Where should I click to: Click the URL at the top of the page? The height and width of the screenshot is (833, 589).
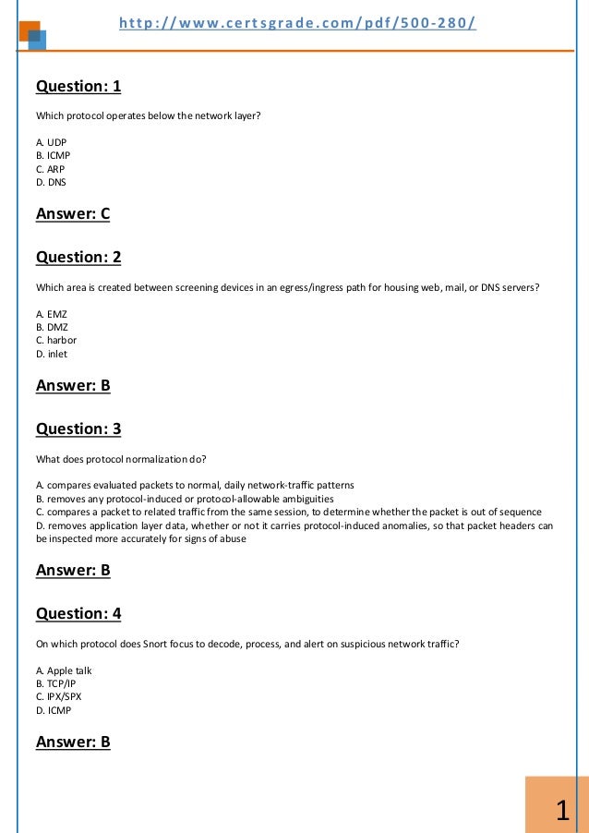click(297, 21)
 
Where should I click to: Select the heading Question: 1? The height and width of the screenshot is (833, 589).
click(78, 87)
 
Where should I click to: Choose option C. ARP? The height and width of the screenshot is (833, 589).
click(50, 169)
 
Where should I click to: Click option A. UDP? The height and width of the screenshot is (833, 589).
click(51, 142)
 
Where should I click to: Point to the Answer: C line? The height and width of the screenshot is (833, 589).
click(73, 214)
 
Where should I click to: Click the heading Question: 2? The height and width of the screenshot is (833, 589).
click(78, 258)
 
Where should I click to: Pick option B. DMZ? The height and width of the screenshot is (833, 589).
click(52, 327)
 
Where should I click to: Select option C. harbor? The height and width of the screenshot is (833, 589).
click(55, 340)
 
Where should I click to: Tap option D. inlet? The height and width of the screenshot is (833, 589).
click(52, 354)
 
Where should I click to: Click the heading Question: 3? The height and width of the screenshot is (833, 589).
click(78, 429)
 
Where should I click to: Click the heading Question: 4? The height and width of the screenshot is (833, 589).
click(78, 613)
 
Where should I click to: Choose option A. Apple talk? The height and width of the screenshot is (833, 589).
click(64, 670)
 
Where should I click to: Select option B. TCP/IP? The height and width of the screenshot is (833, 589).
click(56, 683)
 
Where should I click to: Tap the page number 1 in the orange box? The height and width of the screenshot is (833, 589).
click(561, 811)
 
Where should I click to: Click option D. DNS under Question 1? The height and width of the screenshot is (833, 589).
click(51, 182)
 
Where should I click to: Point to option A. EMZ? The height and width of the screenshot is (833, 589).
click(52, 314)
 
